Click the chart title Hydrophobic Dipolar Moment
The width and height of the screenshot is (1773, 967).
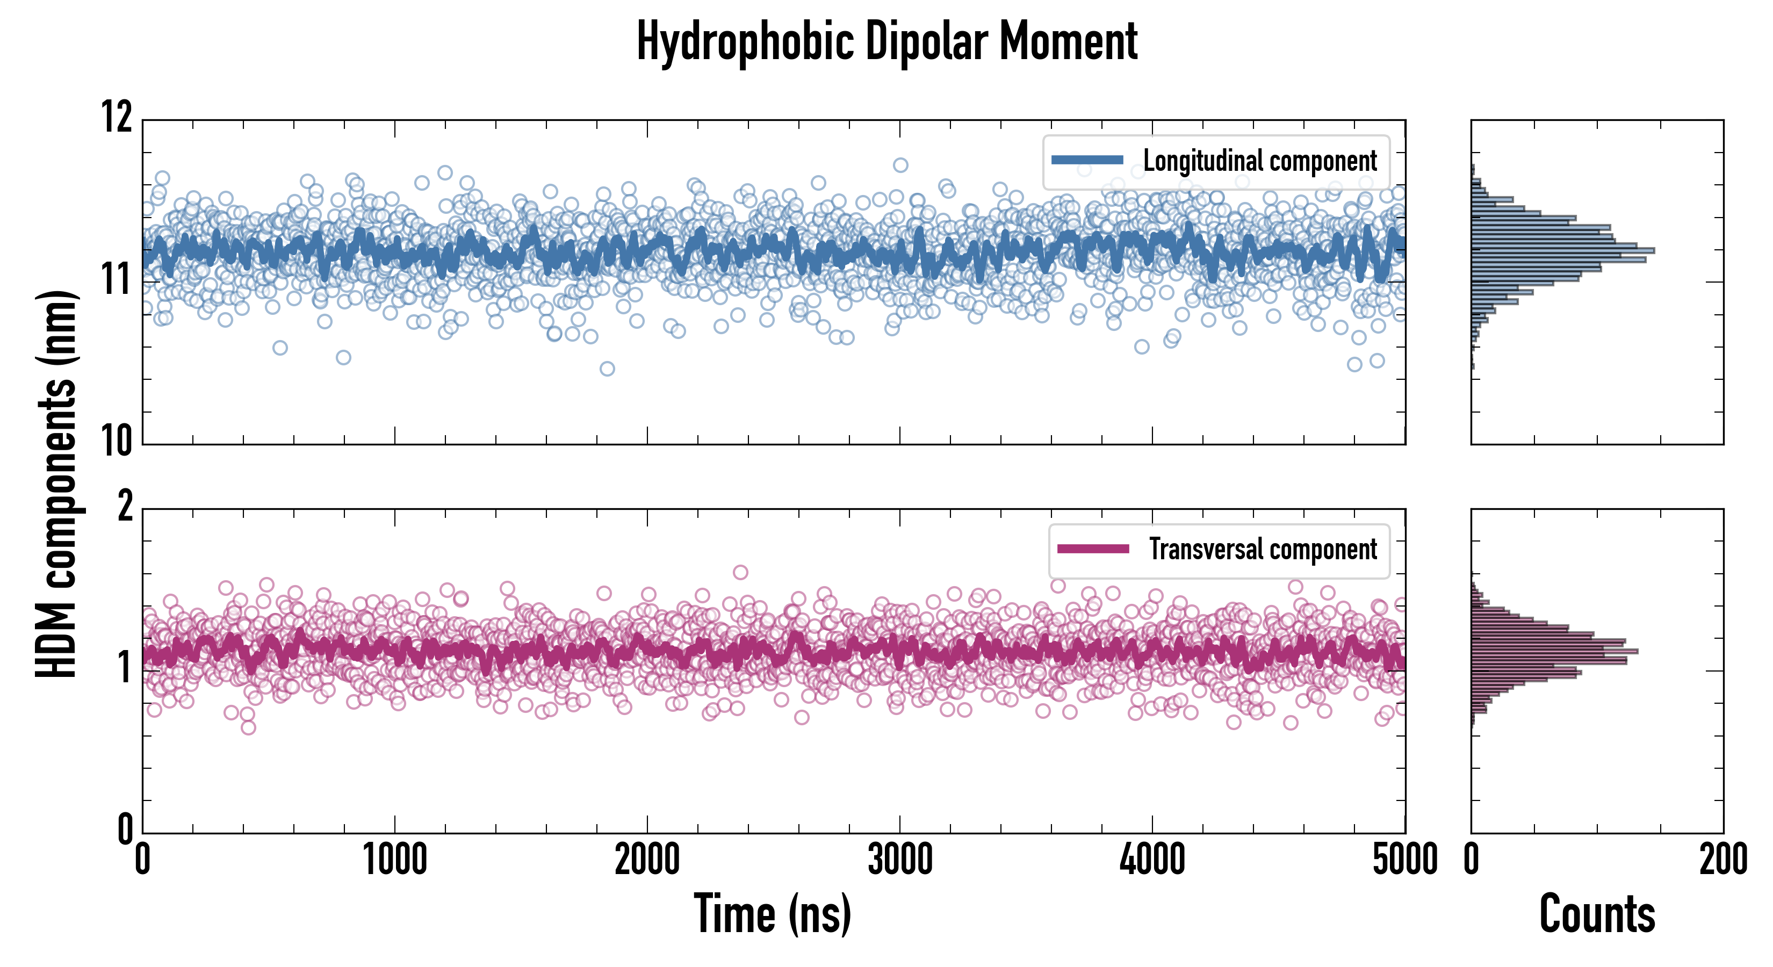886,42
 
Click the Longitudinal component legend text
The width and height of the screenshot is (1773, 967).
1259,161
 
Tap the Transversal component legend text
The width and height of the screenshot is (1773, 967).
1263,549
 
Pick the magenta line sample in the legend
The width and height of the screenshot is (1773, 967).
1093,549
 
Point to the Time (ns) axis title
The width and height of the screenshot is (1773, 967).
772,913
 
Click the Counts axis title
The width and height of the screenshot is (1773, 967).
1597,913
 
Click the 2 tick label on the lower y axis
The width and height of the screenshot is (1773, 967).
125,507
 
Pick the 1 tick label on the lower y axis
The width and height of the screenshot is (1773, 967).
125,668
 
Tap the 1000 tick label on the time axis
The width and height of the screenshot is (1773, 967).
395,860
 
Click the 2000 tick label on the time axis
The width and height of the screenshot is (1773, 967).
647,860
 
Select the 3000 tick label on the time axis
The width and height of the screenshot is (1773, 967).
899,860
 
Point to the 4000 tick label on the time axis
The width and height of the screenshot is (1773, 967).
1152,860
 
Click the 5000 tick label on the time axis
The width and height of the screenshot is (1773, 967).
1404,860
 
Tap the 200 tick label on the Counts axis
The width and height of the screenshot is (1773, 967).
1722,860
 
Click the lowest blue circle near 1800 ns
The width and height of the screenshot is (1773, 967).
607,369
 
